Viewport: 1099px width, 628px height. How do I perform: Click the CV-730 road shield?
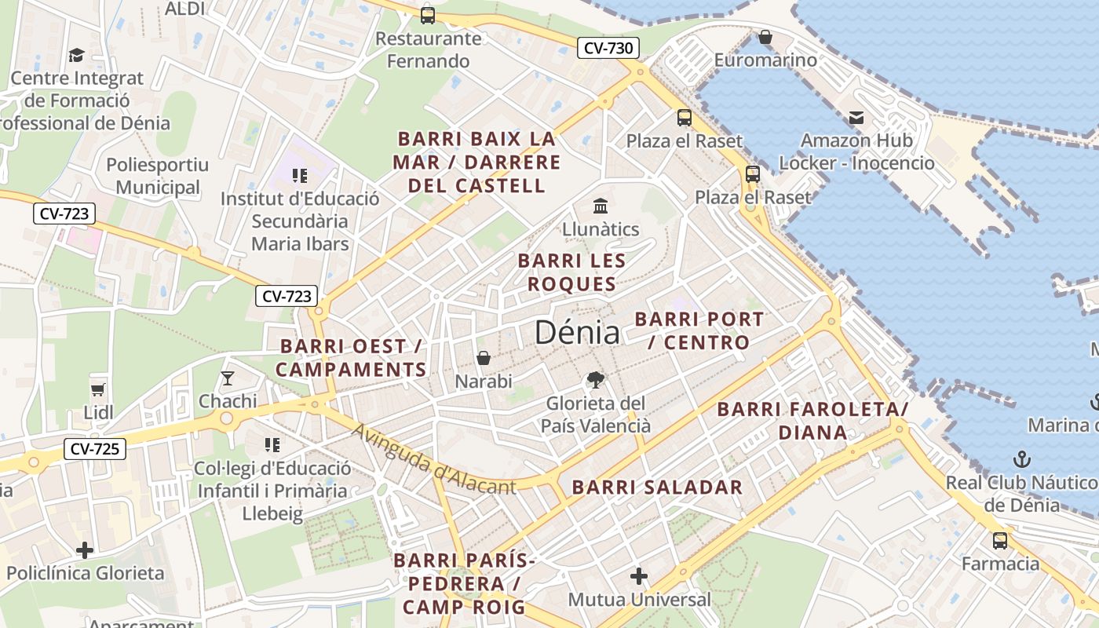point(608,48)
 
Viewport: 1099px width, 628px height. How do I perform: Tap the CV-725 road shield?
point(94,449)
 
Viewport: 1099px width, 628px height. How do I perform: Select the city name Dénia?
point(577,333)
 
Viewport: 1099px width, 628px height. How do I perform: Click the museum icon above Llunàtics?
point(601,206)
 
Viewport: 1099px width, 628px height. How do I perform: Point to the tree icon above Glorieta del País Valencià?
point(596,380)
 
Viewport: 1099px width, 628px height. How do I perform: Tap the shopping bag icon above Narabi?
point(484,358)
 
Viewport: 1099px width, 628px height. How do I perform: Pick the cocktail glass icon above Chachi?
point(228,378)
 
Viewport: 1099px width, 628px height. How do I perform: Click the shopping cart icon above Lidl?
point(98,389)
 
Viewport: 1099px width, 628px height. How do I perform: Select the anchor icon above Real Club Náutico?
point(1022,459)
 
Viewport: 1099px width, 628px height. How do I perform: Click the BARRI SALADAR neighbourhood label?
point(657,487)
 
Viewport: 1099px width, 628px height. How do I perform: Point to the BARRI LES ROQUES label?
point(571,272)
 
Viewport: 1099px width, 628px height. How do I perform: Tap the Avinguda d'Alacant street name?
point(433,460)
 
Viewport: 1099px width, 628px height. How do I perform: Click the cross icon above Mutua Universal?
point(639,577)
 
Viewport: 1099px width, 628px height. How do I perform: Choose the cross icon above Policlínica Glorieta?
point(85,550)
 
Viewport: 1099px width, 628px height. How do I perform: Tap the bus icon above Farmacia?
point(1000,540)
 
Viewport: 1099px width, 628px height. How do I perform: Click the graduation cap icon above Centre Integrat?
point(76,55)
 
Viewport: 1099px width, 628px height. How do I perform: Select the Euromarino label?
point(765,60)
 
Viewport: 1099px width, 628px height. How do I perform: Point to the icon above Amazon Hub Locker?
point(856,118)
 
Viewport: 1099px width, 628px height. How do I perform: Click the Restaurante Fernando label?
point(428,49)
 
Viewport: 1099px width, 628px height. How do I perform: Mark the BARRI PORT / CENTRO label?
point(699,331)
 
